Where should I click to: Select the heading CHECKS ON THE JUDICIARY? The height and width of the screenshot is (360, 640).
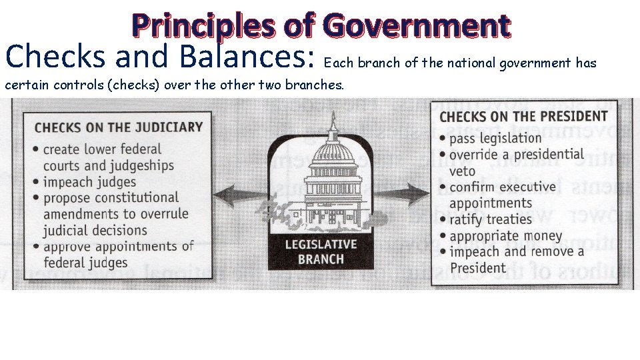tap(118, 127)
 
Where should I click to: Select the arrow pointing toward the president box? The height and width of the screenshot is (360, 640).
tap(408, 195)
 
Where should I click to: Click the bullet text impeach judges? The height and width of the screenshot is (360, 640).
tap(89, 181)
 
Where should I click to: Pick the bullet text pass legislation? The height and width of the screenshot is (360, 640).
tap(495, 138)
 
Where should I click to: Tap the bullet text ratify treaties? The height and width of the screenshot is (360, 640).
tap(490, 219)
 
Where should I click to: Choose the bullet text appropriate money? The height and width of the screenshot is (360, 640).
tap(505, 236)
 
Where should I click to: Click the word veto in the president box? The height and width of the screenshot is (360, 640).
tap(463, 171)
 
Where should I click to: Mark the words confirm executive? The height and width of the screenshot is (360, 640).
tap(502, 187)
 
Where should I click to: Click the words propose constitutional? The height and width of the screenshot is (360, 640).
tap(111, 198)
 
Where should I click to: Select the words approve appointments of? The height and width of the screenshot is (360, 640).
tap(118, 246)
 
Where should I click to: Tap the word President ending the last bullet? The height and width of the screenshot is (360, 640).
tap(477, 268)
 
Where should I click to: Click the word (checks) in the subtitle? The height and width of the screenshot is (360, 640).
tap(130, 85)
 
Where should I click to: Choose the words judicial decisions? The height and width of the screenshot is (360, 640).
tap(95, 231)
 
